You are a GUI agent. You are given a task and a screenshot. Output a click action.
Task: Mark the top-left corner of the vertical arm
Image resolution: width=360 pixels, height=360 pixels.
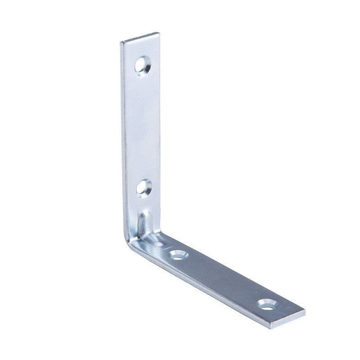(121, 43)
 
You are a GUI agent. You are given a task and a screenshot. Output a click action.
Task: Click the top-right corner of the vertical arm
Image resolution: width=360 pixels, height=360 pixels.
(158, 33)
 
